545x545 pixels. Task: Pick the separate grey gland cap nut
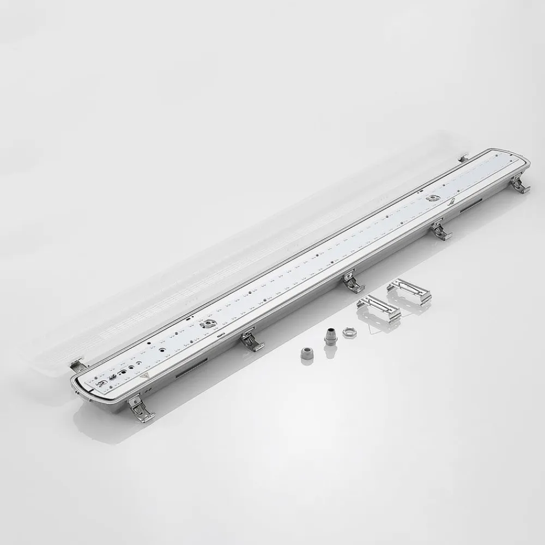[306, 353]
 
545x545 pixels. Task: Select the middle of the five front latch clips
[352, 283]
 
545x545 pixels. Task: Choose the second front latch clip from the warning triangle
[252, 342]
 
